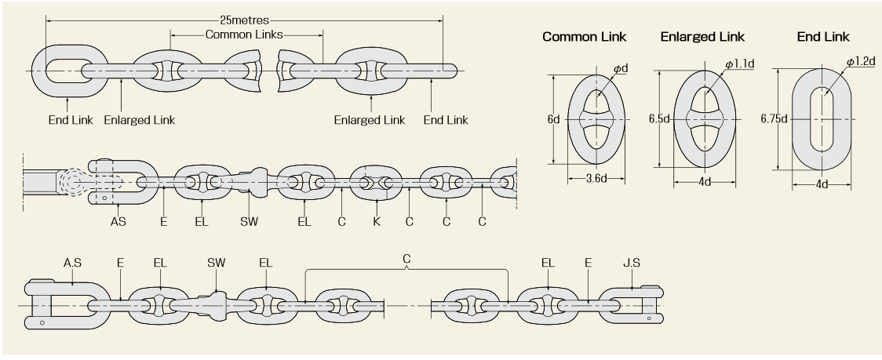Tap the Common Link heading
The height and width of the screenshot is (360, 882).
tap(585, 37)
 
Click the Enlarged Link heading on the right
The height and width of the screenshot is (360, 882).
tap(702, 37)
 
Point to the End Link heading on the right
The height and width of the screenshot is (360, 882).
tap(822, 37)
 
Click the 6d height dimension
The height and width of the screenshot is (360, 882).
tap(553, 120)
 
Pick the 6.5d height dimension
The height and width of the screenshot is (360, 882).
tap(659, 120)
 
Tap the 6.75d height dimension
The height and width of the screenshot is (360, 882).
tap(774, 119)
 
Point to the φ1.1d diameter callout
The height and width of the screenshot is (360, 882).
tap(739, 62)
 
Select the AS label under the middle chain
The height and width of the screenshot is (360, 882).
tap(117, 222)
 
